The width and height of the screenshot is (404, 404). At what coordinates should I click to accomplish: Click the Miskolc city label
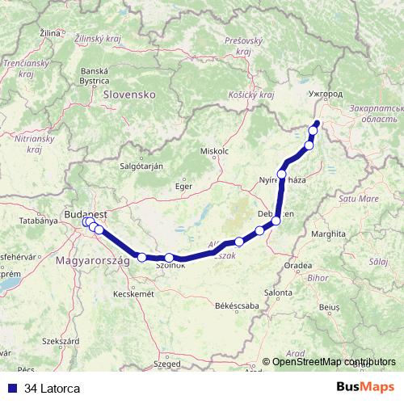[x=214, y=151]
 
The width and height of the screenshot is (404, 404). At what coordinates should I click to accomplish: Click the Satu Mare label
[x=358, y=198]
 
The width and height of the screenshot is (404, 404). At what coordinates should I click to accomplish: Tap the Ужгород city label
[x=326, y=95]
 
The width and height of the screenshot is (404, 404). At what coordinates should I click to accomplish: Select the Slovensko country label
[x=129, y=95]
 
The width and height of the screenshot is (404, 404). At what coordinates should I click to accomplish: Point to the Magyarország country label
[x=90, y=262]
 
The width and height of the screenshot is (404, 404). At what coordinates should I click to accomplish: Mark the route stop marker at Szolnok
[x=169, y=259]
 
